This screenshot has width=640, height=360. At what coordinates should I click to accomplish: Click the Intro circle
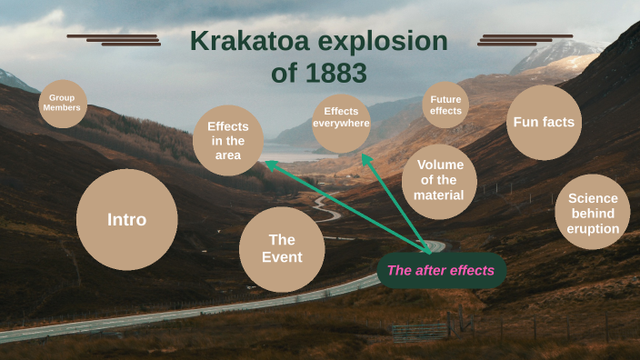pos(126,219)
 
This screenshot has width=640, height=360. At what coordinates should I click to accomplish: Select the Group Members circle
pos(63,104)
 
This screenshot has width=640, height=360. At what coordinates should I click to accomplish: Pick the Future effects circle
pos(445,105)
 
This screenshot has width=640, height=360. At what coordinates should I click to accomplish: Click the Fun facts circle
pos(544,122)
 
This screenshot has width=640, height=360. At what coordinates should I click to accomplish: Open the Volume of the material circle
pos(439,180)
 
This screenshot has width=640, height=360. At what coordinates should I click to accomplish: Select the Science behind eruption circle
pos(593,214)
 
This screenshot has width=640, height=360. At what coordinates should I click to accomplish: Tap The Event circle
pos(282,248)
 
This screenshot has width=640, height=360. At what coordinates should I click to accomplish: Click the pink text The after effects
pos(441,270)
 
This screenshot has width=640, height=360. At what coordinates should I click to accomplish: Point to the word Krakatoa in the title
pos(245,42)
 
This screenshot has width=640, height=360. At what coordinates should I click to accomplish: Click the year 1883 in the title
pos(333,73)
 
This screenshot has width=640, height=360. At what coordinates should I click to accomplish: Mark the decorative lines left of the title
pos(114,39)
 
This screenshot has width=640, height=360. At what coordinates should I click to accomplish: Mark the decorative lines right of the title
pos(514,39)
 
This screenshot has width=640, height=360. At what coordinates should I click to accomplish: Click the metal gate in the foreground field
pos(413,331)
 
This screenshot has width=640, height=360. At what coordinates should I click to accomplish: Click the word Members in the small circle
pos(63,108)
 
